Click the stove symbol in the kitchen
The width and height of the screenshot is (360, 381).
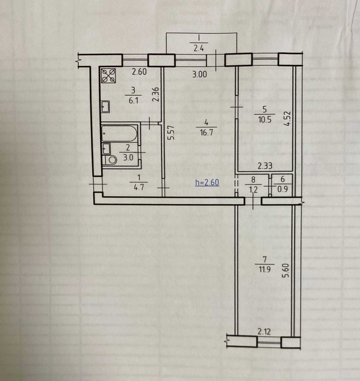tap(109, 76)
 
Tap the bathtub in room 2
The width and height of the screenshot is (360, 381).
tap(119, 133)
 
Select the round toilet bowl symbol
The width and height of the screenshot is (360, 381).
tap(112, 160)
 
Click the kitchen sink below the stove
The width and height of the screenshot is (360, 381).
tap(105, 107)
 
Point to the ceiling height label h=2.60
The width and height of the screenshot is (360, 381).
tap(207, 182)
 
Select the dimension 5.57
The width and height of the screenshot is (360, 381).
tap(171, 132)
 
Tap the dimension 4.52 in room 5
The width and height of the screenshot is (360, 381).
tap(287, 118)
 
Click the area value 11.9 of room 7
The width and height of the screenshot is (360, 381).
tap(264, 269)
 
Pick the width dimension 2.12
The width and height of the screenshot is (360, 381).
tap(264, 332)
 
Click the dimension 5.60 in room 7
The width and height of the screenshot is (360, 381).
tap(286, 271)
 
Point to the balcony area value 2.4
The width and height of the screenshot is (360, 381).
tap(198, 48)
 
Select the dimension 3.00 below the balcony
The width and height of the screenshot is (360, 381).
tap(200, 74)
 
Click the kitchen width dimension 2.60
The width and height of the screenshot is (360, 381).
tap(139, 72)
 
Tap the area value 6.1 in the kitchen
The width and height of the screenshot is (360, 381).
tap(133, 100)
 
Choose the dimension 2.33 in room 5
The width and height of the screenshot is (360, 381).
tap(265, 166)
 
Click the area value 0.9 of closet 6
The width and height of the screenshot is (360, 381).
tap(283, 189)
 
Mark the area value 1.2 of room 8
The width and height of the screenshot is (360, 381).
tap(253, 189)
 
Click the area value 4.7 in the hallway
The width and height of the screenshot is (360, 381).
tap(139, 187)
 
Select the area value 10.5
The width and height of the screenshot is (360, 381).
tap(264, 119)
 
